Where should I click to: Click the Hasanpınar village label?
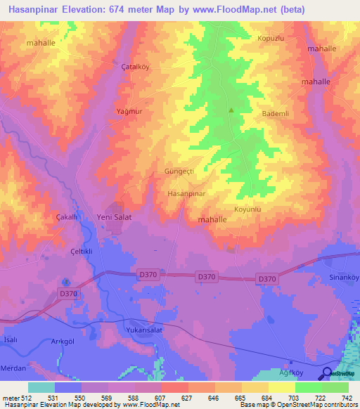tap(186, 193)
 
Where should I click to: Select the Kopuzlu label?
tap(270, 38)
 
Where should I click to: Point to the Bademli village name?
tap(276, 114)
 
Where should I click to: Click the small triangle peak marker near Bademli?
tap(231, 110)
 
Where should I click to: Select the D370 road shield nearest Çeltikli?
tap(68, 294)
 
